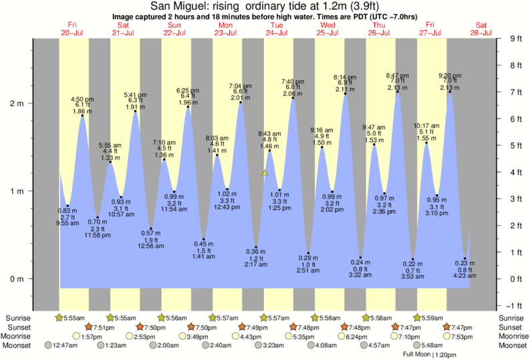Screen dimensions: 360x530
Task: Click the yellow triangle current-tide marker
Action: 265,172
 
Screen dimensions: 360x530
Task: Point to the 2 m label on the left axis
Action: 15,104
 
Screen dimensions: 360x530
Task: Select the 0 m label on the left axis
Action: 15,279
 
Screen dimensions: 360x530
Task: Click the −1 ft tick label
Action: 515,306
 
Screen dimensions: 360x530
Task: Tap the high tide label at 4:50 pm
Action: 82,100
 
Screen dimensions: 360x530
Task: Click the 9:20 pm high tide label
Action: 449,75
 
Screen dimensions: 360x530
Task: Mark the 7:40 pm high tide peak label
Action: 293,81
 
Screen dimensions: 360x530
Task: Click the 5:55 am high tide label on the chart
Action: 110,146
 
